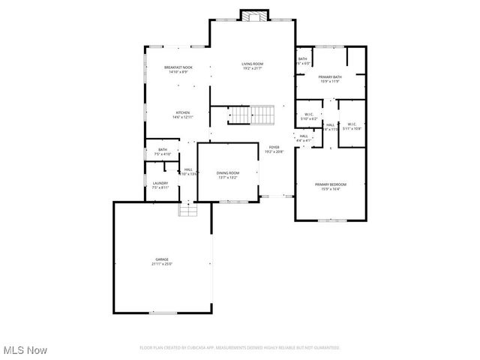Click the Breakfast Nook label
pyautogui.click(x=178, y=68)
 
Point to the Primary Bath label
pyautogui.click(x=330, y=77)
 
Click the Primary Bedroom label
pyautogui.click(x=331, y=184)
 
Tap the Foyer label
pyautogui.click(x=273, y=148)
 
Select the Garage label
pyautogui.click(x=162, y=259)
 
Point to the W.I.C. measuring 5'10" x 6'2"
pyautogui.click(x=309, y=115)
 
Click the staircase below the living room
pyautogui.click(x=251, y=115)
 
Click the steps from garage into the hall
pyautogui.click(x=187, y=211)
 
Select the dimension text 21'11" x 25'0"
pyautogui.click(x=162, y=264)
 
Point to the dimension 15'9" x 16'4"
pyautogui.click(x=331, y=189)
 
